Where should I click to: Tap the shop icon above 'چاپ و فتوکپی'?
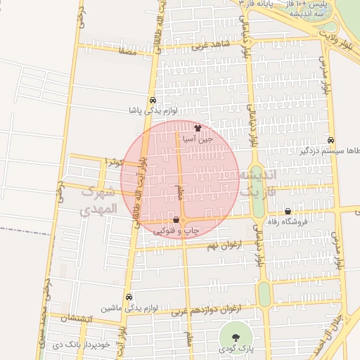coord(175,220)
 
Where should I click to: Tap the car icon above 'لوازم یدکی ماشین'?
coord(128,297)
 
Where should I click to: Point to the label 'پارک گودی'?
coord(234,348)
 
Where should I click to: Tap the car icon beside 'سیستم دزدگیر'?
coord(331,140)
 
